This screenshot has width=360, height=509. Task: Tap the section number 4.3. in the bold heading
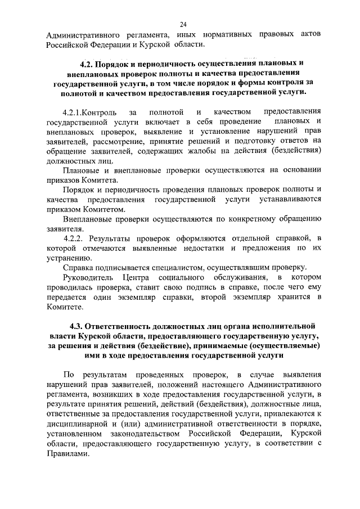tap(79, 326)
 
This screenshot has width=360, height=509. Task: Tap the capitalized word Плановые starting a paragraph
tap(80, 170)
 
